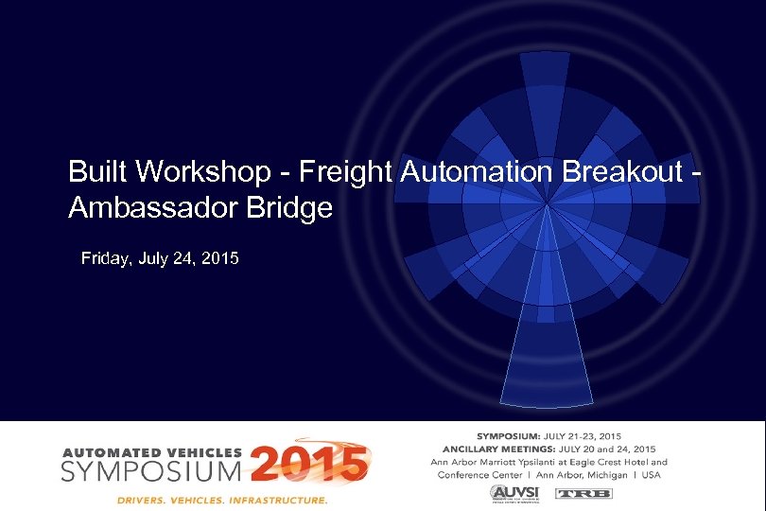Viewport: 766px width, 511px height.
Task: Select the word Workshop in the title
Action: (197, 172)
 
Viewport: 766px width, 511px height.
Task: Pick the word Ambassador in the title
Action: (152, 208)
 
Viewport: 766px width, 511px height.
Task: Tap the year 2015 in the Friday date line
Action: (219, 257)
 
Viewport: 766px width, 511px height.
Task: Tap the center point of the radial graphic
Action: (549, 203)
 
